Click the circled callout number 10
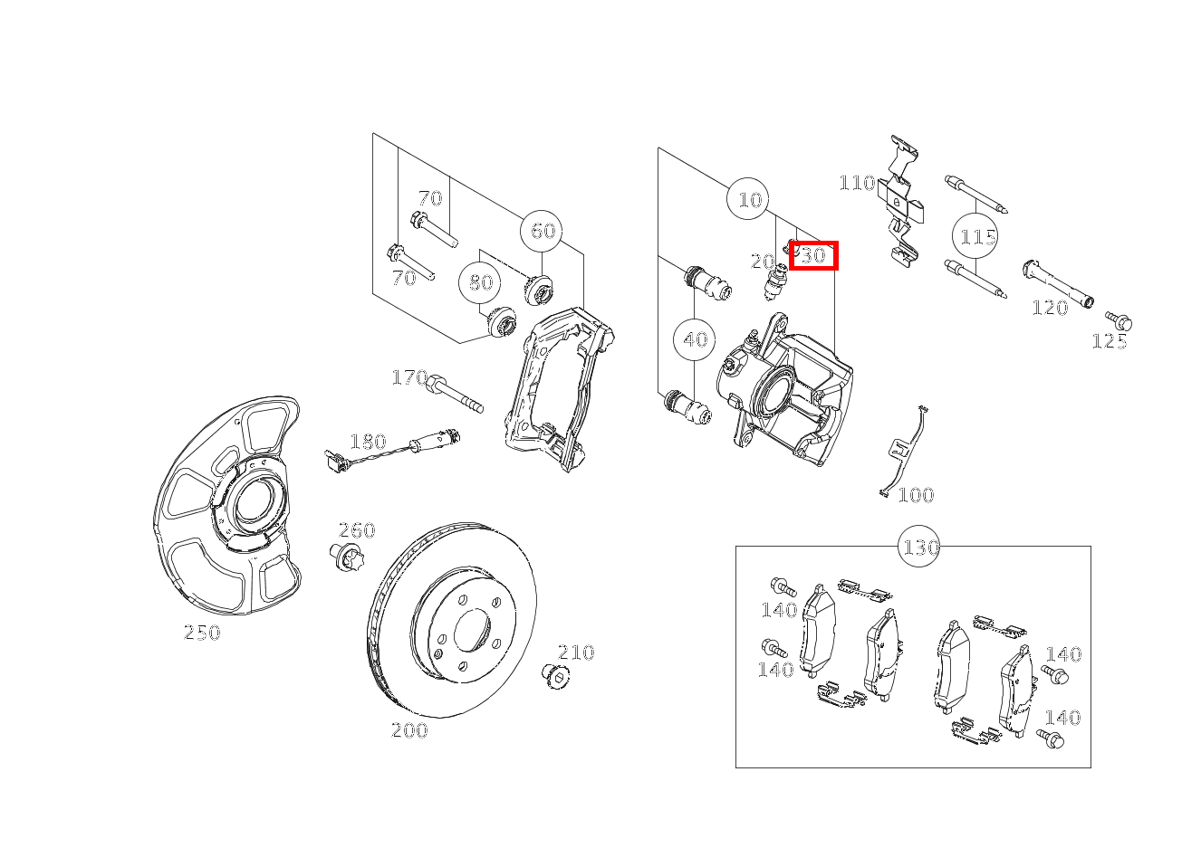[748, 199]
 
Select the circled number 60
[542, 231]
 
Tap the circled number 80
[480, 282]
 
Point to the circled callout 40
[695, 339]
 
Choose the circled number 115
[975, 236]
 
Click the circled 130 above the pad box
[919, 547]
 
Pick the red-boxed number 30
[813, 255]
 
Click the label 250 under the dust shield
[202, 633]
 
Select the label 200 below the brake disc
[409, 730]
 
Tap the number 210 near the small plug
[576, 653]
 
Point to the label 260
[357, 530]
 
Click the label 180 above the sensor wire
[368, 442]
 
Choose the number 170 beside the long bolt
[409, 377]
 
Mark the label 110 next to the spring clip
[858, 183]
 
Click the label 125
[1110, 342]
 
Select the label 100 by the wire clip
[916, 495]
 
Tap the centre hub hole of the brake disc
[472, 630]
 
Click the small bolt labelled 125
[1119, 321]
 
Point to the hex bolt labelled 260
[346, 557]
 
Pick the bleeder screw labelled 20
[774, 283]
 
